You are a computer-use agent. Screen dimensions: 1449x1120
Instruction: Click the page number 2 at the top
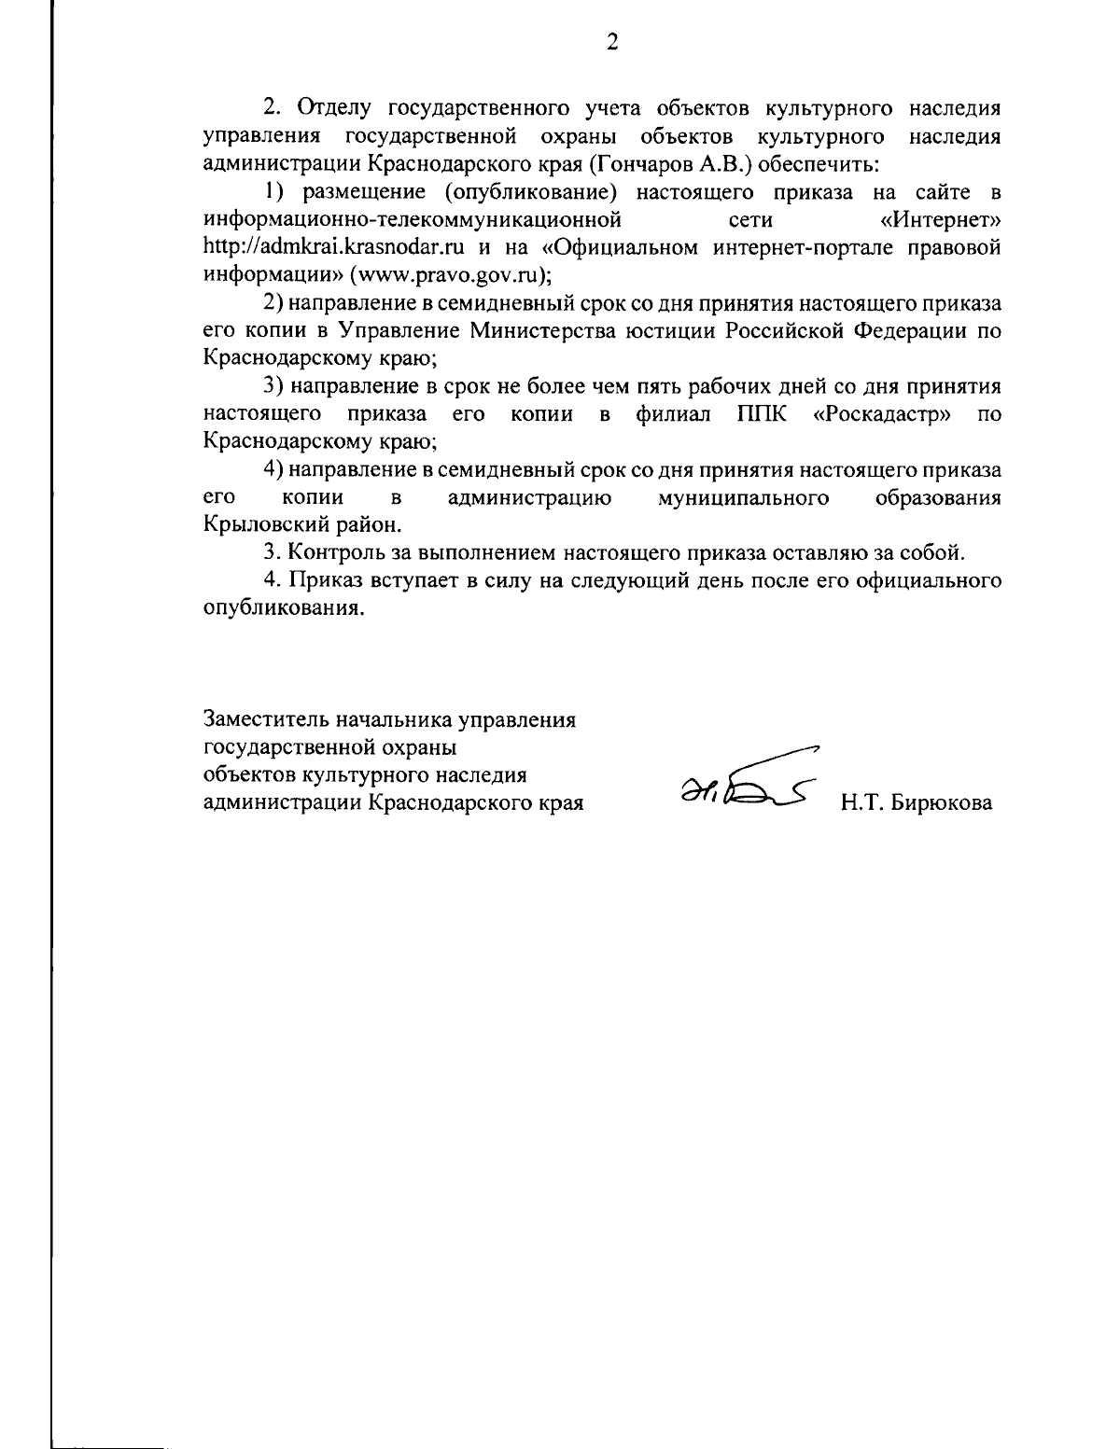click(x=612, y=43)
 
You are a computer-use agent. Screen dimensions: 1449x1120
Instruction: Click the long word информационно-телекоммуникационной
click(x=413, y=222)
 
